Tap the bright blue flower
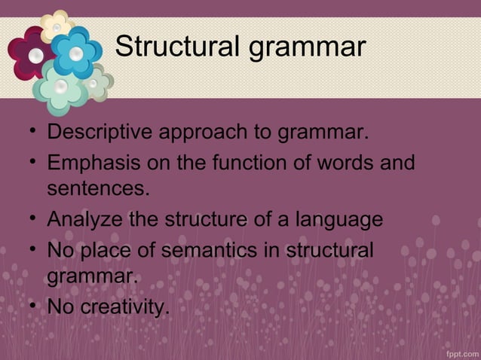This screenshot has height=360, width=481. [75, 52]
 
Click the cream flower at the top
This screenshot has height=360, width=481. [56, 25]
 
